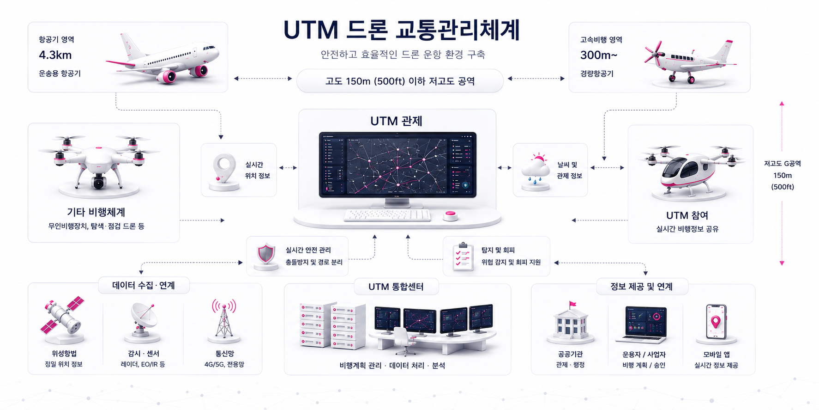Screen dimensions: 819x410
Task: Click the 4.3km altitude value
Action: point(55,55)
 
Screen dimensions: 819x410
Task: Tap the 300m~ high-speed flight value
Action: point(598,55)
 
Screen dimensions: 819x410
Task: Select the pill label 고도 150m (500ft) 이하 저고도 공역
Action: point(400,81)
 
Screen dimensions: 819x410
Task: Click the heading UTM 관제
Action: point(396,121)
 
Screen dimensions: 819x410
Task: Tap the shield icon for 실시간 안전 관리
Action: point(266,254)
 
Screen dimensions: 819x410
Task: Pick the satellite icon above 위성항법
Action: point(62,315)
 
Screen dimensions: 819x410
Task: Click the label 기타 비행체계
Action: point(96,212)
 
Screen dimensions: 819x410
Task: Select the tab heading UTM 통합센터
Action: point(396,287)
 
